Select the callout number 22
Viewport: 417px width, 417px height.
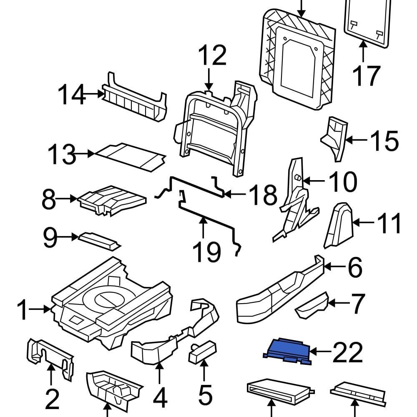click(347, 353)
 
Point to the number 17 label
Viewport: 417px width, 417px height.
click(366, 76)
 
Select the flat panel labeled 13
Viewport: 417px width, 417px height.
click(129, 156)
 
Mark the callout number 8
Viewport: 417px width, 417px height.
click(49, 201)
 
